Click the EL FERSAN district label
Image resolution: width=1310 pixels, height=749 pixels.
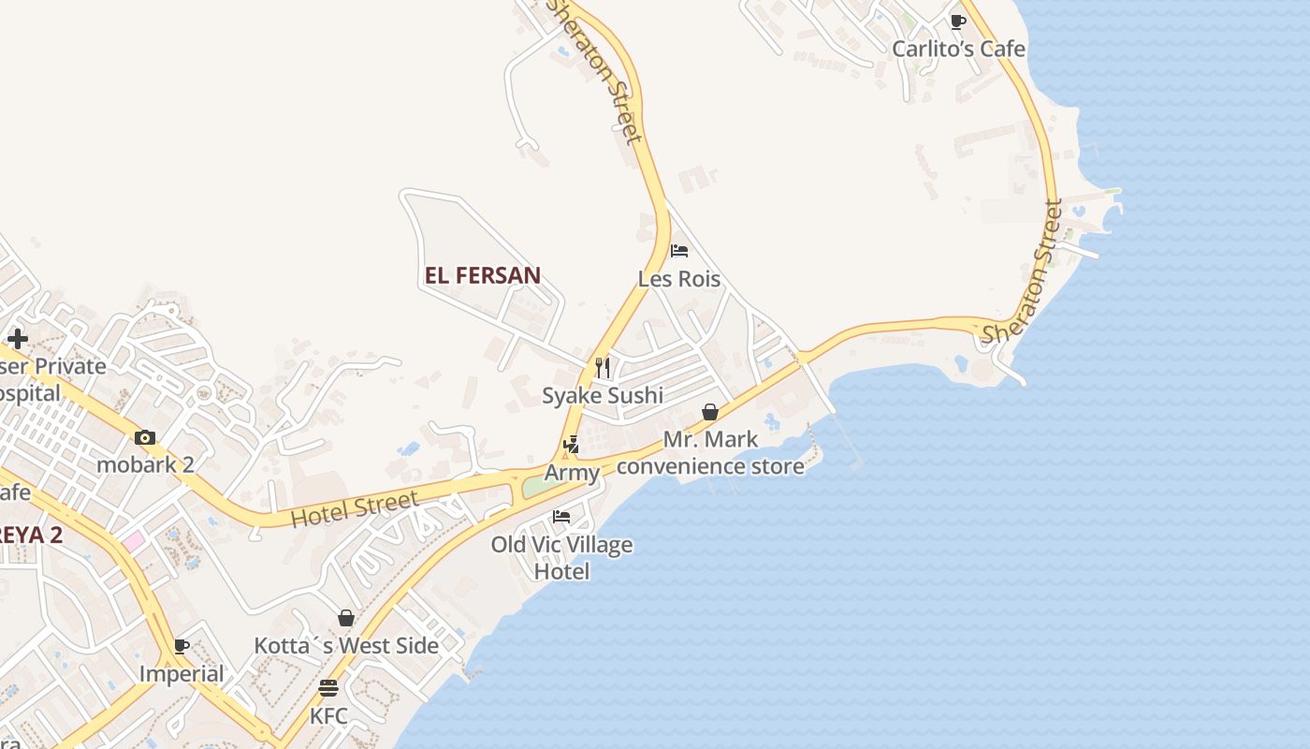pyautogui.click(x=483, y=275)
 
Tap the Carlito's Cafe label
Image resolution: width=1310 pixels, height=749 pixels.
pyautogui.click(x=958, y=49)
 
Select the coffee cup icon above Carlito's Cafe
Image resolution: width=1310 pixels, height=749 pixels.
pyautogui.click(x=957, y=21)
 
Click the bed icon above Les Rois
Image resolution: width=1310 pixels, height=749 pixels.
pyautogui.click(x=679, y=251)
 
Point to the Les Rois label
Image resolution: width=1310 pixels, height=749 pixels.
pyautogui.click(x=679, y=279)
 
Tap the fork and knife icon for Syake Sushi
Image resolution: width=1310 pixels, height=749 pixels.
pyautogui.click(x=603, y=367)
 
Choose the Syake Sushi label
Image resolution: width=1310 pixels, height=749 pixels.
pyautogui.click(x=603, y=395)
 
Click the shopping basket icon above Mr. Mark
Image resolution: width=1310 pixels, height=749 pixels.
pyautogui.click(x=710, y=412)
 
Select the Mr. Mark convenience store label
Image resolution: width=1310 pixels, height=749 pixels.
pyautogui.click(x=710, y=452)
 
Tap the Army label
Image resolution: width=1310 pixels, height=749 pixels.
pyautogui.click(x=572, y=473)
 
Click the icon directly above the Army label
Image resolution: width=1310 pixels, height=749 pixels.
pyautogui.click(x=572, y=445)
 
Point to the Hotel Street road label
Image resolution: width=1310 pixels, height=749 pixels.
pyautogui.click(x=355, y=508)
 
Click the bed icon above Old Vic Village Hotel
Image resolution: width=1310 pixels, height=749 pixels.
pyautogui.click(x=561, y=516)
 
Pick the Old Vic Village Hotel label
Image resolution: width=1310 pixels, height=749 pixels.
pyautogui.click(x=561, y=557)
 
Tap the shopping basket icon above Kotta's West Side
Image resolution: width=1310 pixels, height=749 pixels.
pyautogui.click(x=346, y=618)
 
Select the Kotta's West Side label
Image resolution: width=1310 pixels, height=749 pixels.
pyautogui.click(x=346, y=646)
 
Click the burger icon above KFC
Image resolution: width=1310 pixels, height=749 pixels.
pyautogui.click(x=327, y=688)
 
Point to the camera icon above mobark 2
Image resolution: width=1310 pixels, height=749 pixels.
pyautogui.click(x=145, y=437)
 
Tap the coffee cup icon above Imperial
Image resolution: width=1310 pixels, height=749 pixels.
pyautogui.click(x=182, y=646)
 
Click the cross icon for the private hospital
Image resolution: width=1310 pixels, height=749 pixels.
pyautogui.click(x=17, y=339)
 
